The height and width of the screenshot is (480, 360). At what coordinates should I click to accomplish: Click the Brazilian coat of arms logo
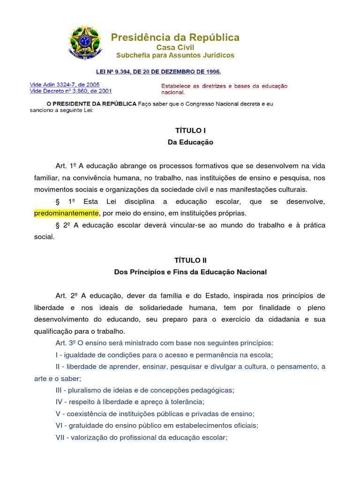pos(84,42)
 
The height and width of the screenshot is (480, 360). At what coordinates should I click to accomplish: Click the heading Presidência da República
pos(175,37)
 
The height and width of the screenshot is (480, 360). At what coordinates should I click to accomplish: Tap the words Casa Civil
pos(175,47)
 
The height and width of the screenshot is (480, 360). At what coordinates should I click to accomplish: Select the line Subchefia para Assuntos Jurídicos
pos(175,55)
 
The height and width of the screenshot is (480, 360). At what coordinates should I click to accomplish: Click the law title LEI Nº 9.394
pos(158,72)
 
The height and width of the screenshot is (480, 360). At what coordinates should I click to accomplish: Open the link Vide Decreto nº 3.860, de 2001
pos(71,91)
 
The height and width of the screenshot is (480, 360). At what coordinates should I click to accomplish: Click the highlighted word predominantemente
pos(66,213)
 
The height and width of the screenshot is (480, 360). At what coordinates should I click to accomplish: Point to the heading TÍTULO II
pos(190,260)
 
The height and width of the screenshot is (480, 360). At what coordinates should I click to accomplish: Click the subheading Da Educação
pos(190,142)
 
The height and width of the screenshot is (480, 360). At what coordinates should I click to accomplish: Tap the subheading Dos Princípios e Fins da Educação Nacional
pos(190,272)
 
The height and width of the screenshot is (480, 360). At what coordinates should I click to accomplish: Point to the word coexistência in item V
pos(87,414)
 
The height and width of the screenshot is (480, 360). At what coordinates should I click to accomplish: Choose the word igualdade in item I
pos(77,354)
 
